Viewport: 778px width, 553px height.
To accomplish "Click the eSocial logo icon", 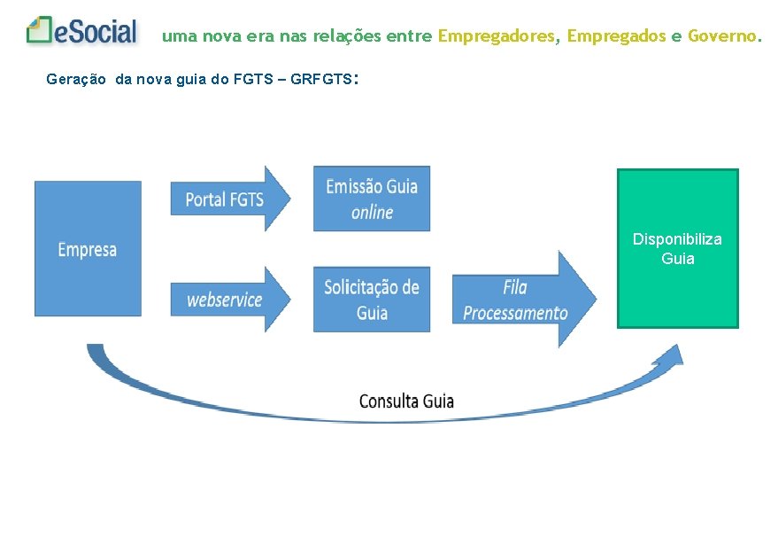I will [x=40, y=31].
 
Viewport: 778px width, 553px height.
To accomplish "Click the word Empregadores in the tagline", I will [x=497, y=36].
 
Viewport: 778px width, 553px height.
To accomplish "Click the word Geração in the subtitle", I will [x=75, y=79].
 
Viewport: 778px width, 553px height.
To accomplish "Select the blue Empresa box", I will [x=88, y=249].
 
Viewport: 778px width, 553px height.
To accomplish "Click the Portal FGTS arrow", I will [x=228, y=199].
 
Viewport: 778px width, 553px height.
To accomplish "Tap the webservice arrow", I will [x=228, y=300].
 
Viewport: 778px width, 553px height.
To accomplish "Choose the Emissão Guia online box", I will [x=372, y=199].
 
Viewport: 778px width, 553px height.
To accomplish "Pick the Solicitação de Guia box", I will [x=372, y=299].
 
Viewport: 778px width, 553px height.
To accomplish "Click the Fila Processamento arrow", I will [x=522, y=300].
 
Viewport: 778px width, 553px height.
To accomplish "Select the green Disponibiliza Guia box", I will [x=677, y=249].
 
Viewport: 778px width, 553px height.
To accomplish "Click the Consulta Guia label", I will [x=406, y=401].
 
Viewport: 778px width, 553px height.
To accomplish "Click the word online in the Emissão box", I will [x=372, y=213].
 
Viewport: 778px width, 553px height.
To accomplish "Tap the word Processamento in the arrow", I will [x=515, y=313].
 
